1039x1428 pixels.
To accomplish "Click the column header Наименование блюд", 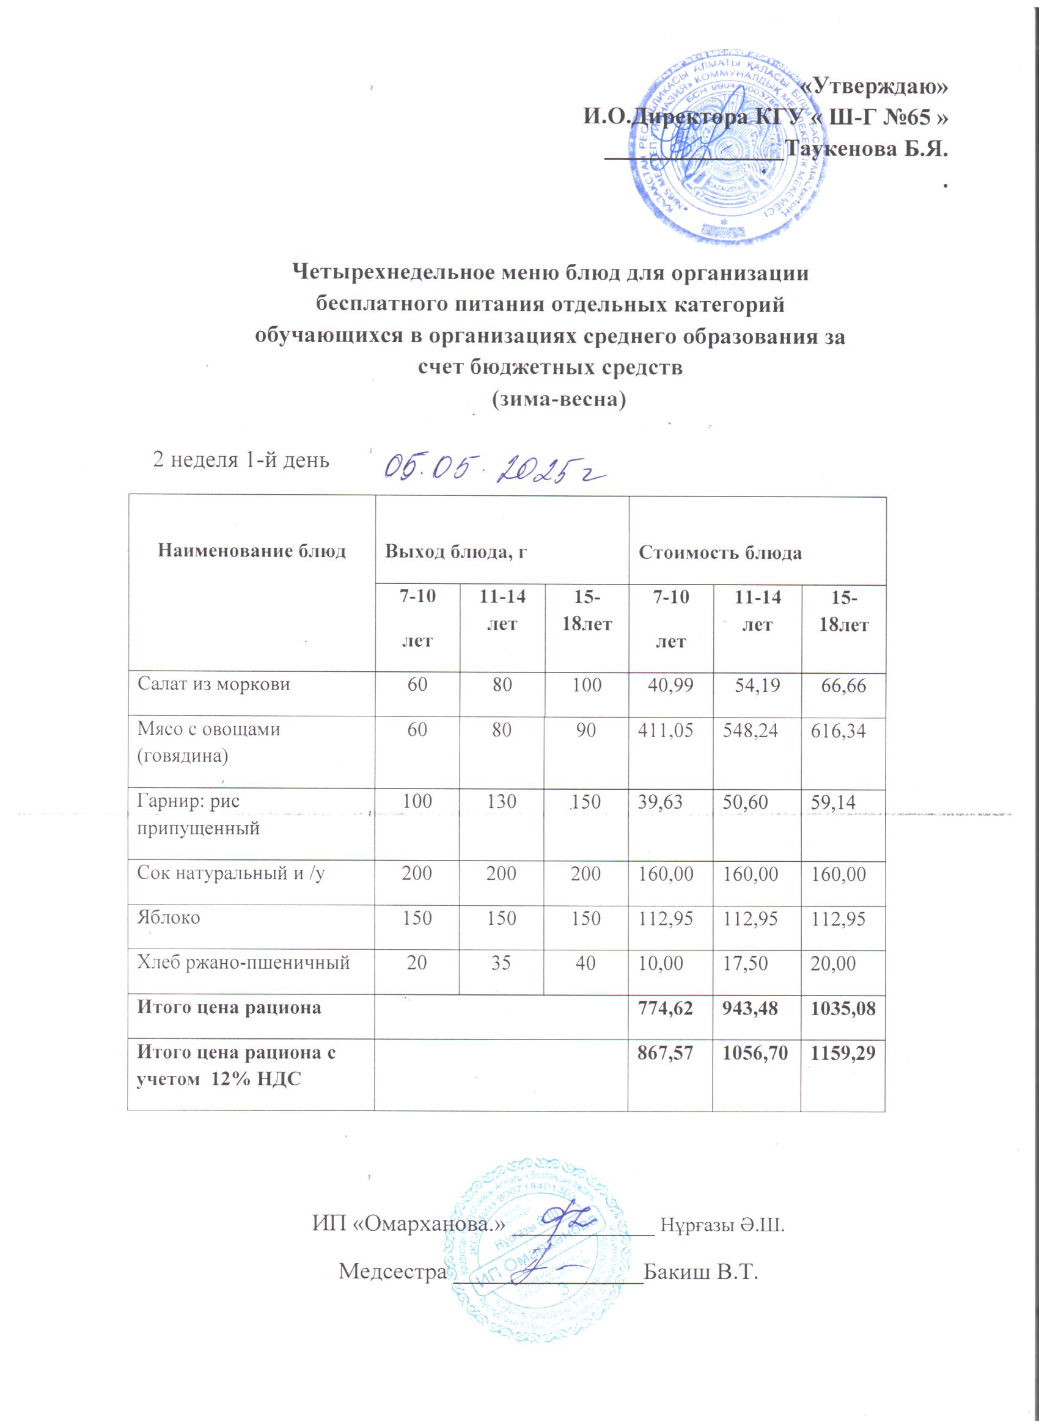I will click(251, 552).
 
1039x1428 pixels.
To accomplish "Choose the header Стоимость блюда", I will click(719, 553).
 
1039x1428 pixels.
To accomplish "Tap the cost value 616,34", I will click(837, 731).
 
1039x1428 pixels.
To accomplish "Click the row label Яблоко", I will click(169, 917).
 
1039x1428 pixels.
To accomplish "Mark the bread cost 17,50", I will click(745, 963).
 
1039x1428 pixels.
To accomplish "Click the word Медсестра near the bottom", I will click(392, 1271).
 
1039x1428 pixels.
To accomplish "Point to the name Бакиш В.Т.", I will click(699, 1271).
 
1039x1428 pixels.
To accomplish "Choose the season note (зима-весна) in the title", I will click(558, 399).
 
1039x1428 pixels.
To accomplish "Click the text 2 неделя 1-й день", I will click(241, 461).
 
